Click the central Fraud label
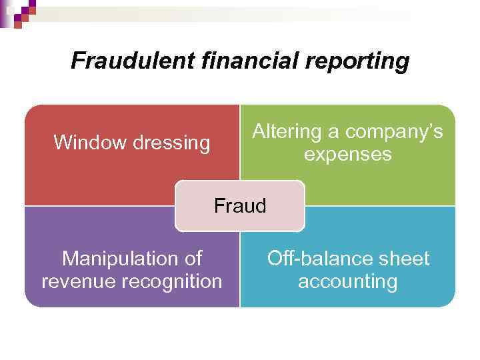click(240, 206)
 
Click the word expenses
click(347, 155)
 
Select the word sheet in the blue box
click(405, 258)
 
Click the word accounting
click(347, 281)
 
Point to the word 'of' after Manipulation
click(192, 258)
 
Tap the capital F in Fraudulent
click(77, 61)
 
